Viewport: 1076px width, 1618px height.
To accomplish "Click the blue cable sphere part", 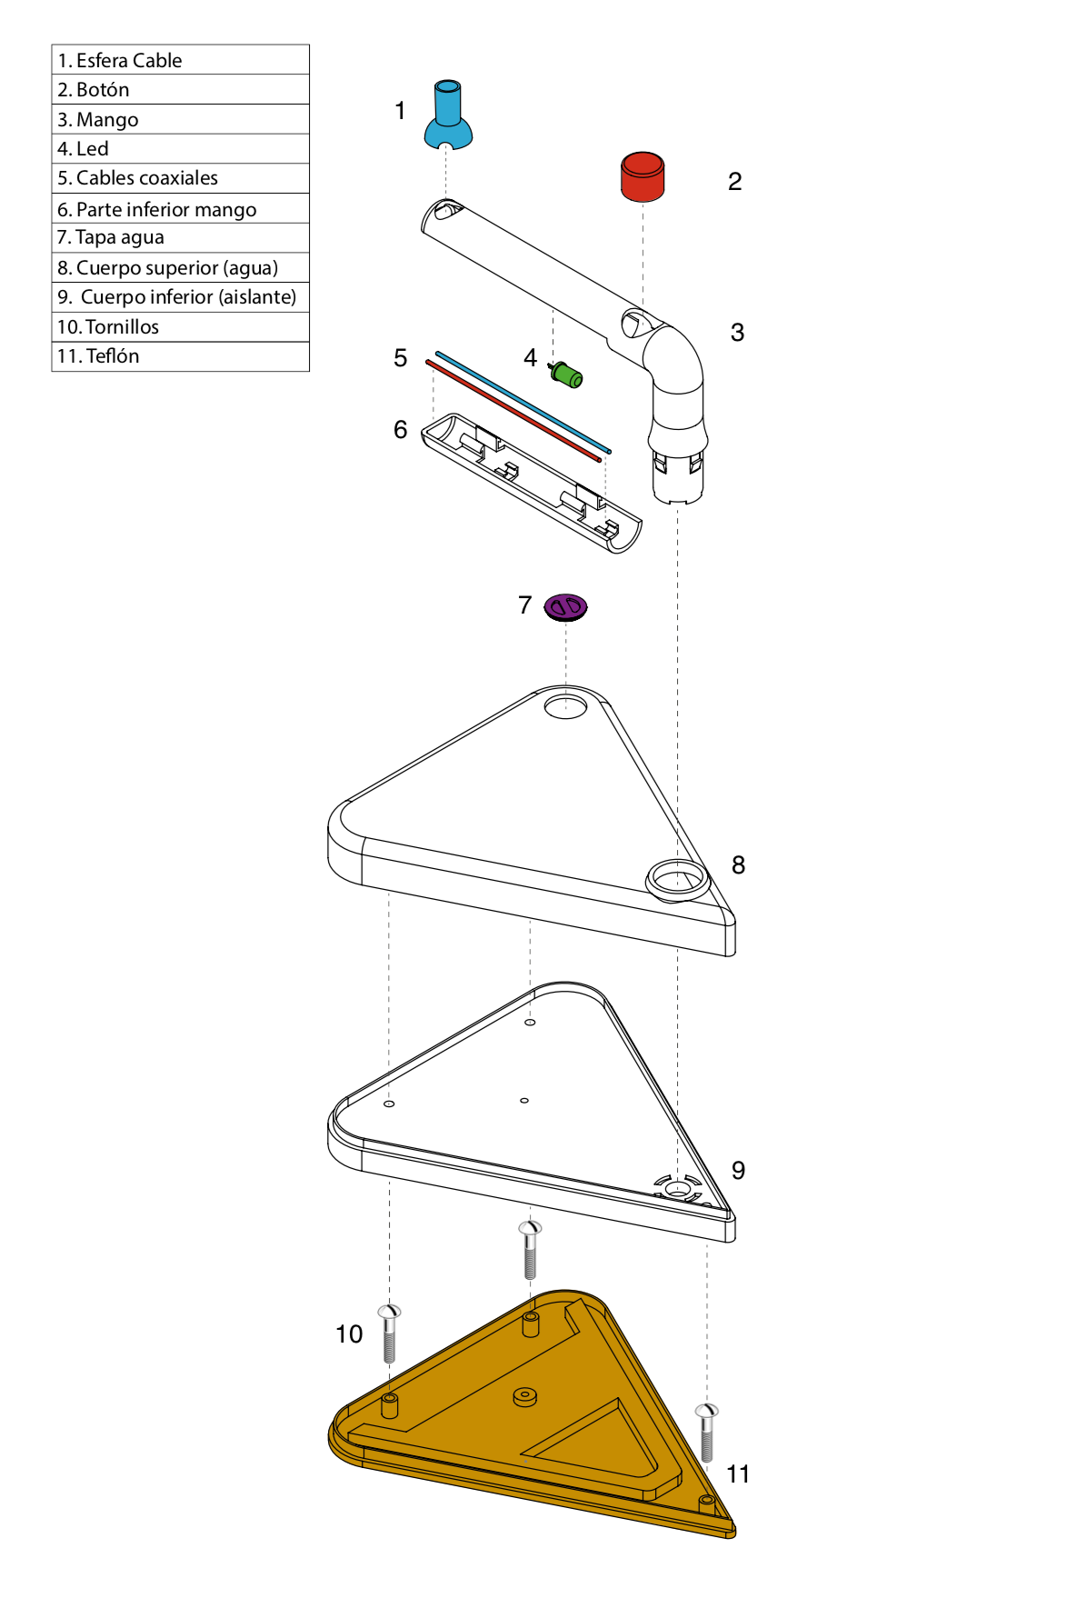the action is [x=448, y=116].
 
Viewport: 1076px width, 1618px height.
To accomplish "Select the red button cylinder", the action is [x=643, y=176].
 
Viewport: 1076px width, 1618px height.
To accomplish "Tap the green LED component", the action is [x=567, y=375].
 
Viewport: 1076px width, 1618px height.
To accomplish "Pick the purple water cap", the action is [x=565, y=607].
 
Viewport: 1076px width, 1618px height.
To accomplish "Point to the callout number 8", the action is [x=738, y=865].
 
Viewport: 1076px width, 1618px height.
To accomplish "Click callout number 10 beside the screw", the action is [x=349, y=1333].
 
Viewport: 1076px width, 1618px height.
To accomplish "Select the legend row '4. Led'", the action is [x=180, y=148].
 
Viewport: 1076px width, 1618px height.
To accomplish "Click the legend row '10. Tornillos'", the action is [x=180, y=326].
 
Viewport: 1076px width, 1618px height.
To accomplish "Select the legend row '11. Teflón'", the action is [x=180, y=356].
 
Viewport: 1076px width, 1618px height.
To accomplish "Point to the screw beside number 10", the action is [x=389, y=1333].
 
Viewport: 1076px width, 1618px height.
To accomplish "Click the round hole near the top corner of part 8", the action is [x=565, y=706].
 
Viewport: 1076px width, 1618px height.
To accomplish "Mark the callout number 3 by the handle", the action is [x=737, y=333].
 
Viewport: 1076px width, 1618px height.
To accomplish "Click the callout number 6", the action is [x=400, y=429].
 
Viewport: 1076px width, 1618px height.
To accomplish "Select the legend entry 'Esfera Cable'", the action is [x=129, y=61].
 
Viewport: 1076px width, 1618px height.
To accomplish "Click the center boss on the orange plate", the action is [x=525, y=1396].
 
